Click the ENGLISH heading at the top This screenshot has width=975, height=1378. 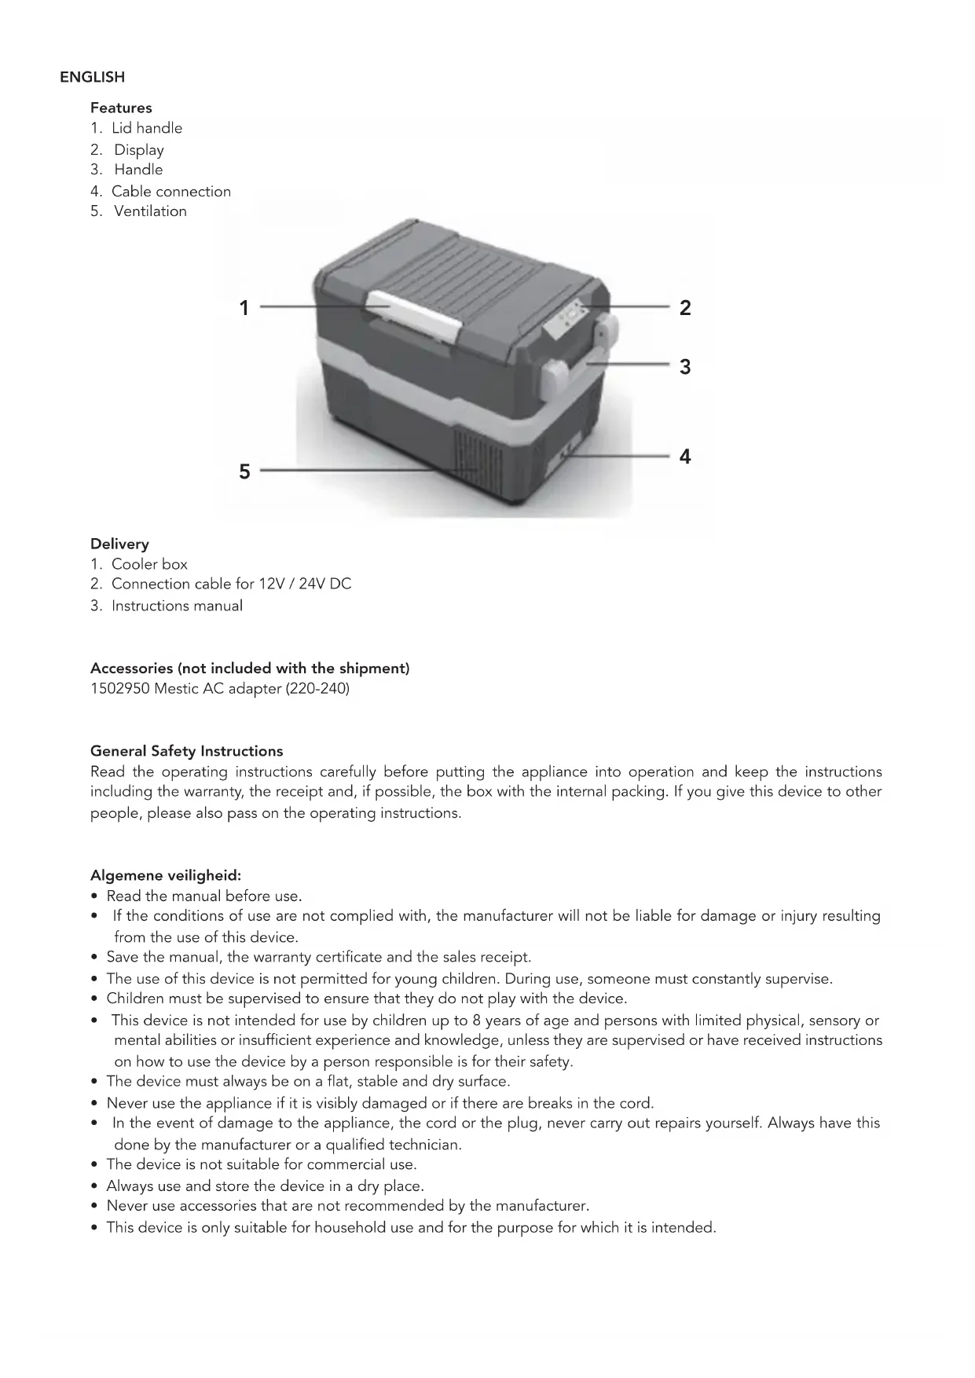coord(92,77)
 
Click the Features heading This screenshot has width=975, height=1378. coord(121,108)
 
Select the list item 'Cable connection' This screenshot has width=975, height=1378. coord(170,191)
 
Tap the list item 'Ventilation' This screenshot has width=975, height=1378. coord(150,211)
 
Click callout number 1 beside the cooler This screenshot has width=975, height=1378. coord(244,308)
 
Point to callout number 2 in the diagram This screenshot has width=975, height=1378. coord(685,308)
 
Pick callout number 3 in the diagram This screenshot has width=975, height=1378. coord(685,367)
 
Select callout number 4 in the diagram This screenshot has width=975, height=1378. coord(685,456)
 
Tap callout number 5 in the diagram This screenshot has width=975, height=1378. coord(244,471)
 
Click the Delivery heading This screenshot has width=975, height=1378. coord(119,544)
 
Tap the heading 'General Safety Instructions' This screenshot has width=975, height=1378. coord(186,751)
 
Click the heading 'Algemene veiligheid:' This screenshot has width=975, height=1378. coord(166,875)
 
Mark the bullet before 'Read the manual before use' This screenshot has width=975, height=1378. coord(95,896)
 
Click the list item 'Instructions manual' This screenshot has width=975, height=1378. coord(177,606)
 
